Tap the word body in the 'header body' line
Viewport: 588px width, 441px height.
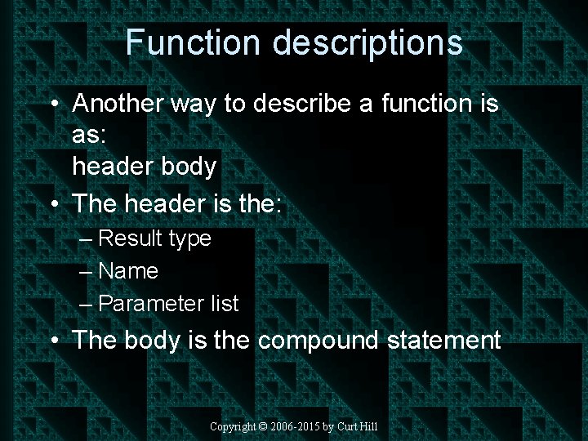(x=189, y=167)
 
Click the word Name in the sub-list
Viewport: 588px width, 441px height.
(x=128, y=271)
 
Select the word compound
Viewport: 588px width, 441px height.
(x=318, y=341)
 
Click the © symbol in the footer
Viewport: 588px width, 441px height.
(x=264, y=426)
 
